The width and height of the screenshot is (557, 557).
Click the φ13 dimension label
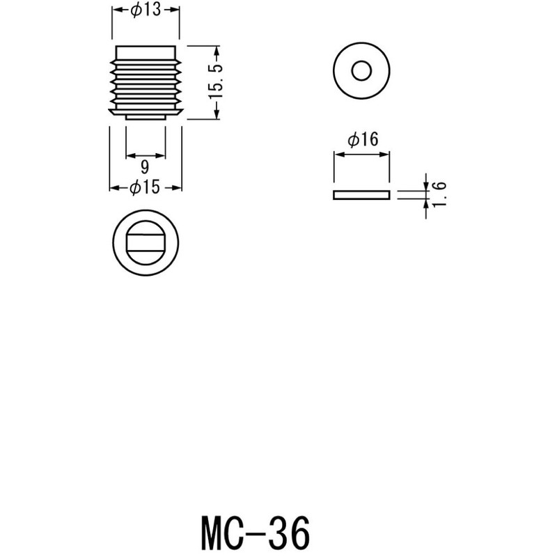(146, 10)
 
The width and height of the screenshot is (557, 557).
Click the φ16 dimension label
(362, 140)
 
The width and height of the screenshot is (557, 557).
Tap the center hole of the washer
(361, 71)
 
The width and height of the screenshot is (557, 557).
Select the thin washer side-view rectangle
(361, 195)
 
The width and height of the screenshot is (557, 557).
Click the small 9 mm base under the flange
(146, 117)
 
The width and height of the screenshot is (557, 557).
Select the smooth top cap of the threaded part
(146, 52)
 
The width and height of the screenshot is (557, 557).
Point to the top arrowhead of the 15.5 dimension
(217, 51)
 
